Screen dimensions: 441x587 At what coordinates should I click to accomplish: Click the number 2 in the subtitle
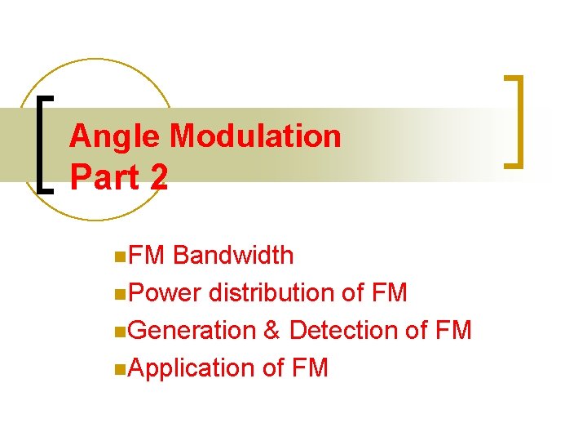tap(158, 177)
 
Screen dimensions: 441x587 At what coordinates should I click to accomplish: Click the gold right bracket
tap(515, 122)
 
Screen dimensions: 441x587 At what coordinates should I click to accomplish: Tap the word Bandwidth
tap(233, 256)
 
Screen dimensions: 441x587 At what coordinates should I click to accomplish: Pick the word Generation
tap(192, 330)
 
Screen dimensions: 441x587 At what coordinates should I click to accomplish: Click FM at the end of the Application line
tap(308, 368)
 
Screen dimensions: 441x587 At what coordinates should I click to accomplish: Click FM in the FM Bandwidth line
tap(147, 256)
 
